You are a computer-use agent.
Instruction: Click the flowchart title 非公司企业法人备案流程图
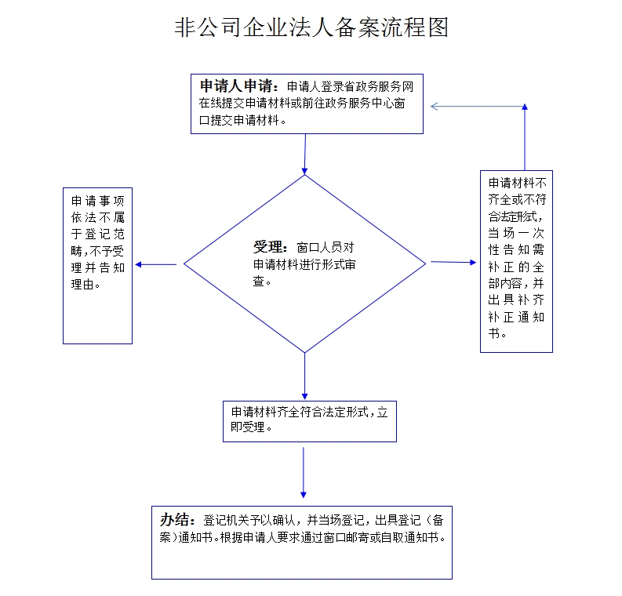coord(311,28)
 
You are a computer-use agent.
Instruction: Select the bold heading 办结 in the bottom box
coord(176,519)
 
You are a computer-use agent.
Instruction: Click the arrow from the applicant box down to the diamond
coord(304,154)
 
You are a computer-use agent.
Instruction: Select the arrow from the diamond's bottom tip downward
coord(304,376)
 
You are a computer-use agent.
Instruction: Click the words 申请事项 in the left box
coord(97,200)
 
